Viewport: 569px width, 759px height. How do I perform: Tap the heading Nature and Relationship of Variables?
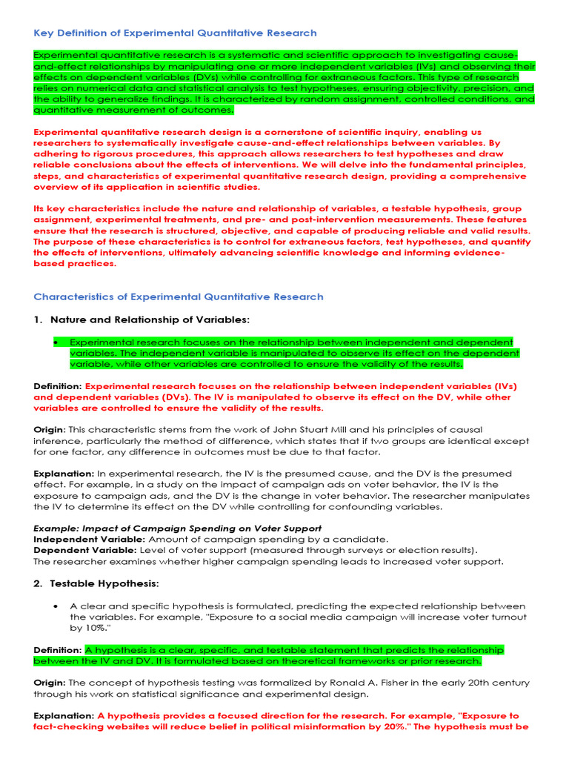coord(150,319)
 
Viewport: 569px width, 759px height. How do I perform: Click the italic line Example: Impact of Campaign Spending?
coord(177,528)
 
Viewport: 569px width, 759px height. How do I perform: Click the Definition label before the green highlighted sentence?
coord(58,650)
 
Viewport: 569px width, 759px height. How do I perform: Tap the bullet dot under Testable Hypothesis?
coord(56,606)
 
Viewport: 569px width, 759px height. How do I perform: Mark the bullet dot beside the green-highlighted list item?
coord(56,342)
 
